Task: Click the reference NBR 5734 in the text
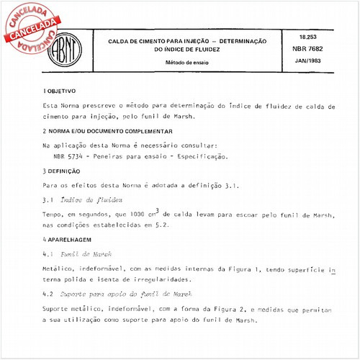click(69, 156)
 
